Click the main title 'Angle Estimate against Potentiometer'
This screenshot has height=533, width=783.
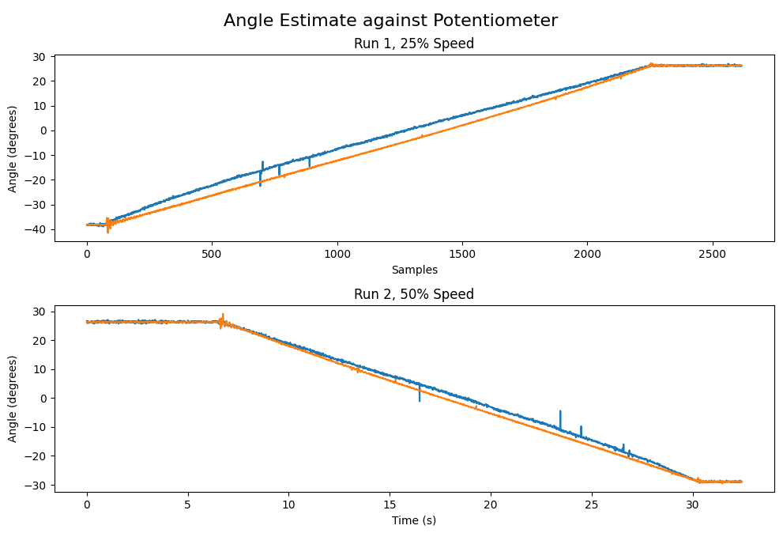(390, 21)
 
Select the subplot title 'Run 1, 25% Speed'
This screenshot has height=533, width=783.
(414, 43)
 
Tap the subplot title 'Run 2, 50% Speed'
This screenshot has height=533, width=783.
(414, 294)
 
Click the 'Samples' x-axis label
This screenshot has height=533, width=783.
(414, 270)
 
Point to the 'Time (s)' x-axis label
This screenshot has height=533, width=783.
(414, 520)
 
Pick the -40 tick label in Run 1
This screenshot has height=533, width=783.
(37, 229)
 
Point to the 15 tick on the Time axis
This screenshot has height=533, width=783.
(390, 505)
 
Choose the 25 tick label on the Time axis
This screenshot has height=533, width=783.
(591, 505)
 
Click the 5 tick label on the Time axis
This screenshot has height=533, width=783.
(187, 505)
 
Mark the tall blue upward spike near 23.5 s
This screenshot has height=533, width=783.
(560, 418)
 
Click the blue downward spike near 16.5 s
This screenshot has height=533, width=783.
(420, 394)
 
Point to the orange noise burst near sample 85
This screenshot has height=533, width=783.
(108, 225)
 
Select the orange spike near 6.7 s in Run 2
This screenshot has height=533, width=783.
(223, 319)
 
